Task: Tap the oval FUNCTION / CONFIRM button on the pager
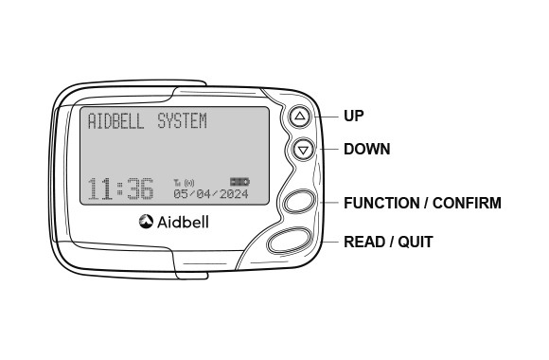[x=299, y=202]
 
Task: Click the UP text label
[x=353, y=117]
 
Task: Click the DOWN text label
[x=366, y=149]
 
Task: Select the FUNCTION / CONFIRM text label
[x=422, y=203]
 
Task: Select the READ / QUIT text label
[x=388, y=243]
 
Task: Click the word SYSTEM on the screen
[x=182, y=122]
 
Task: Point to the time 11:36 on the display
[x=120, y=189]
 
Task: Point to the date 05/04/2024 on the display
[x=211, y=193]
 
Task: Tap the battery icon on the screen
[x=239, y=181]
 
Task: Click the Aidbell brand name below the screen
[x=183, y=222]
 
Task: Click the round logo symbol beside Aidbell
[x=146, y=222]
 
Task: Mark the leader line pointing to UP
[x=327, y=117]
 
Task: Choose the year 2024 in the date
[x=233, y=193]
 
